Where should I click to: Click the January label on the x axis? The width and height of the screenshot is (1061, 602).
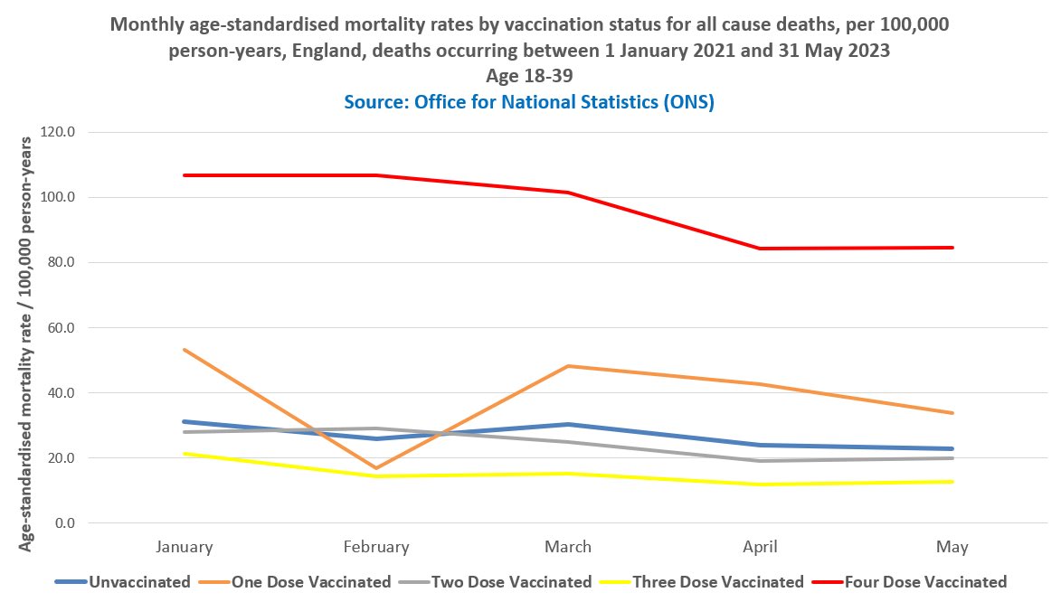click(x=185, y=547)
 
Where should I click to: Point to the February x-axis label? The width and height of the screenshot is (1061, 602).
click(x=376, y=547)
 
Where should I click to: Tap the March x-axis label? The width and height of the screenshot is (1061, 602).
click(x=568, y=547)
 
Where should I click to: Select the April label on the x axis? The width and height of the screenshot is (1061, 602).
click(x=761, y=547)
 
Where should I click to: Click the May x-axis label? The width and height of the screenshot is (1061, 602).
click(x=952, y=547)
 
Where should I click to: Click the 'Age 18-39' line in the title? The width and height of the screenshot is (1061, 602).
click(x=529, y=76)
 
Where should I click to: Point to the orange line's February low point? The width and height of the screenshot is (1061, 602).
click(x=376, y=468)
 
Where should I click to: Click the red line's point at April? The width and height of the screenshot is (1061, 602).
click(x=761, y=249)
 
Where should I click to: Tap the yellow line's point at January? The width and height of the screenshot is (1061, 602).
click(x=185, y=454)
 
